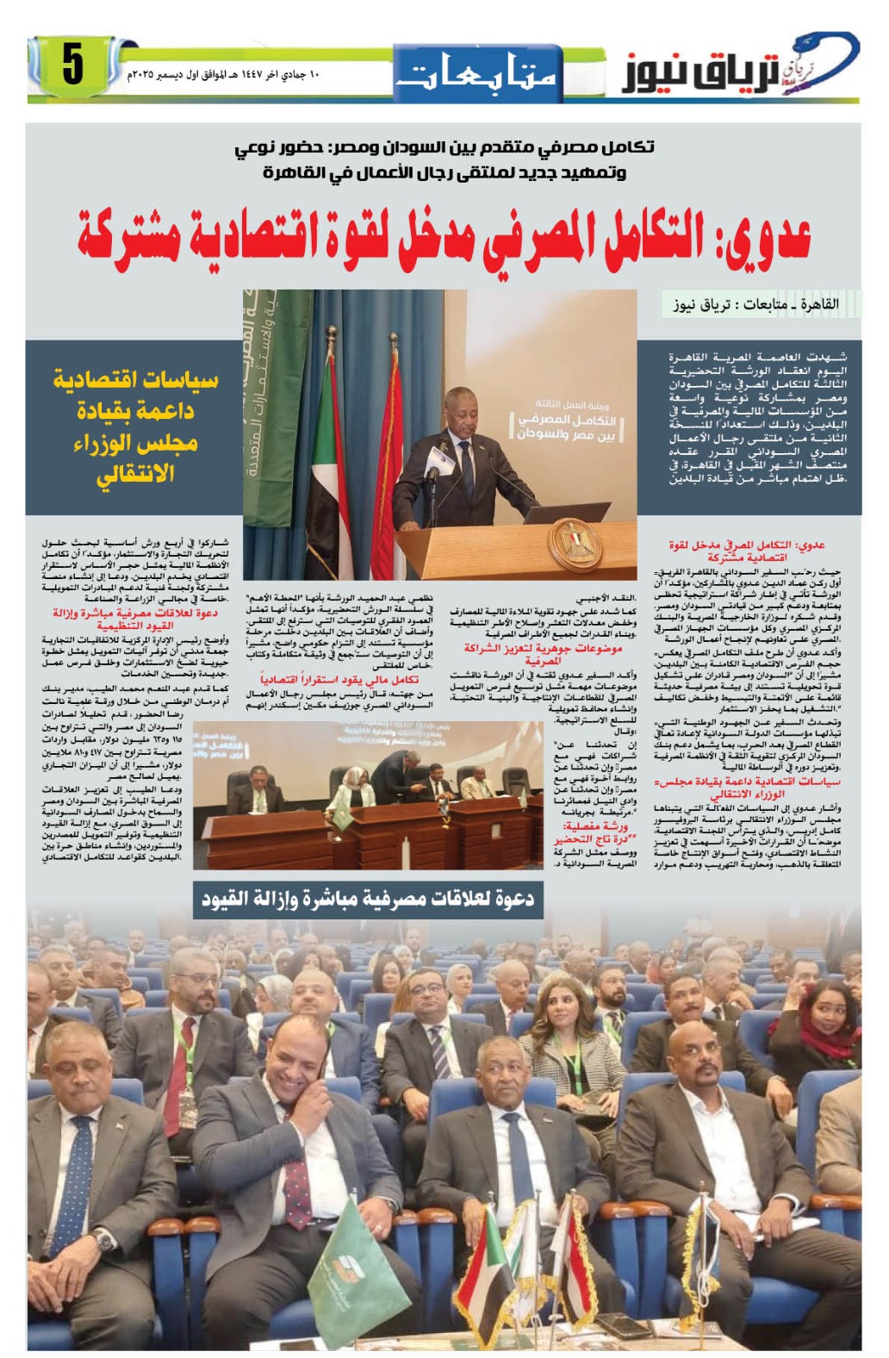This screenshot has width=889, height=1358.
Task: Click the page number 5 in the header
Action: click(x=72, y=66)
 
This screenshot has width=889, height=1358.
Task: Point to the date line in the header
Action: click(x=225, y=75)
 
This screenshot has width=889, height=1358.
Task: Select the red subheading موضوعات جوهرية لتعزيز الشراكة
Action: click(x=543, y=654)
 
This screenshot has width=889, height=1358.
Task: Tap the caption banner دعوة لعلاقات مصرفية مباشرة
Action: click(x=368, y=899)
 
